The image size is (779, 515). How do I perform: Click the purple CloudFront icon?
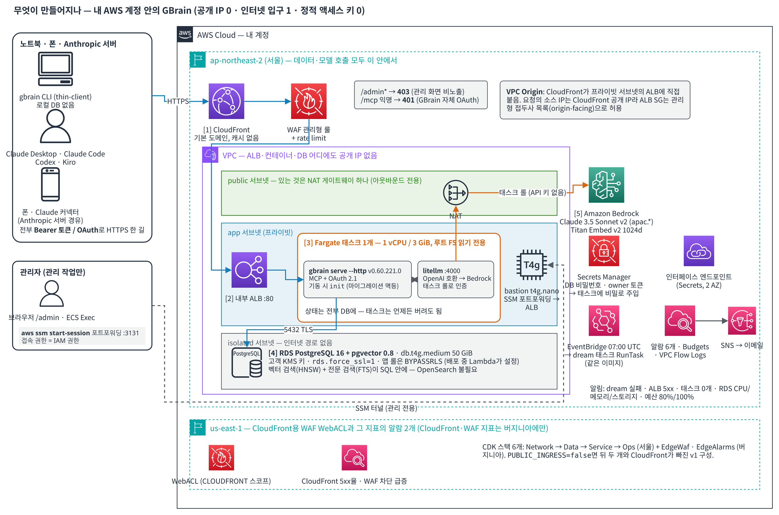click(226, 101)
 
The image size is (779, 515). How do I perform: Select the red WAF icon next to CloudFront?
click(309, 101)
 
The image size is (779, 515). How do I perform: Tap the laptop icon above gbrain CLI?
click(55, 69)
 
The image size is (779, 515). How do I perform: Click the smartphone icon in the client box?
click(50, 184)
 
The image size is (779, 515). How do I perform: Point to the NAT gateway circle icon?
click(455, 193)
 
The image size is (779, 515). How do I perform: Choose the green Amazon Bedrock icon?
click(606, 185)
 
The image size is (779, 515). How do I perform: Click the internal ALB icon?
click(249, 270)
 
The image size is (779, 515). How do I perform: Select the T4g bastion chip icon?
click(531, 265)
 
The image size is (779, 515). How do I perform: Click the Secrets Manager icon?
click(603, 251)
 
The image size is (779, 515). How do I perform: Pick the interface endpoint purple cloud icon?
click(699, 251)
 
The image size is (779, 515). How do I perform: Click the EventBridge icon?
click(603, 320)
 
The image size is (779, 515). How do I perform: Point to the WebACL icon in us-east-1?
click(221, 458)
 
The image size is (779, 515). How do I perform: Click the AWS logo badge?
click(185, 34)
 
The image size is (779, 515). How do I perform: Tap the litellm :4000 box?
click(456, 279)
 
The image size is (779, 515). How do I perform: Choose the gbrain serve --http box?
click(357, 279)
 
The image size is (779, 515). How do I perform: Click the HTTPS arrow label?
click(178, 101)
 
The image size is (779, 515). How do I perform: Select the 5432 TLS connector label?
click(298, 330)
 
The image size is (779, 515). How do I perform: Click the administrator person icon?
click(52, 294)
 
